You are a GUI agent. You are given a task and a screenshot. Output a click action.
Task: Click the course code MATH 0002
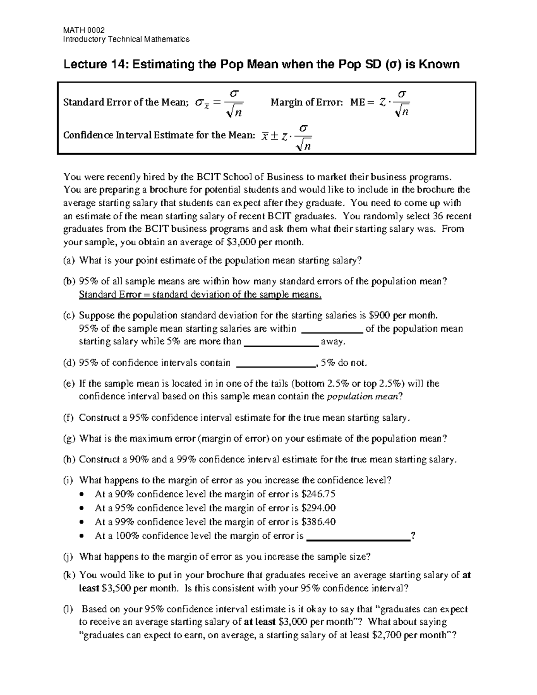point(84,30)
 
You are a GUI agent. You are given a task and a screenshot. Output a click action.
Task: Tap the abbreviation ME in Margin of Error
point(358,102)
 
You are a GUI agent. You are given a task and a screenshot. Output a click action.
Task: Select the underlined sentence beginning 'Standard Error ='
point(200,294)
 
